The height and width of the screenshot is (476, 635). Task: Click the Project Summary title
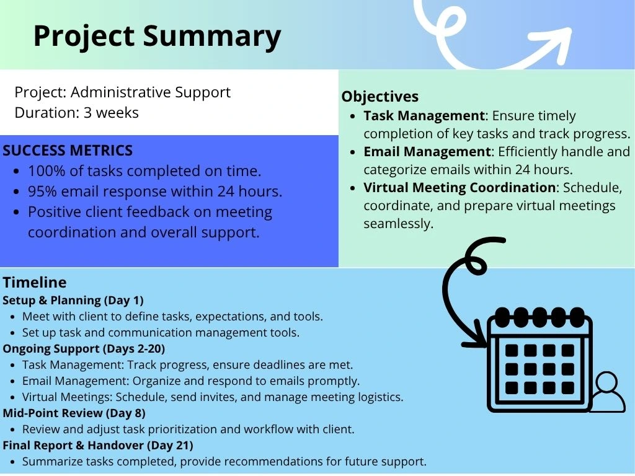pos(157,37)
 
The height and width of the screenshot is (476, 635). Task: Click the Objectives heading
pos(380,96)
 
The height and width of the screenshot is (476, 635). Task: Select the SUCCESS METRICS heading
pos(68,151)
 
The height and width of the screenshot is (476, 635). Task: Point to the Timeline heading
pos(35,282)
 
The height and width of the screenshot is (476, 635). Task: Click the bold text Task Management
pos(424,116)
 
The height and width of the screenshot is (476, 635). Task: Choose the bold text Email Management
pos(427,151)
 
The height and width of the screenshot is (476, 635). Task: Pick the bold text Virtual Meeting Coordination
pos(460,187)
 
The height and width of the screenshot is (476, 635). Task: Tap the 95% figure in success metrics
pos(42,191)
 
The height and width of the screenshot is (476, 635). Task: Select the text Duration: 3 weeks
pos(76,113)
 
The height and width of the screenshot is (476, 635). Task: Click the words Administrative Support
pos(151,92)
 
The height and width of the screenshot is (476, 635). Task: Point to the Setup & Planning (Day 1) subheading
pos(73,301)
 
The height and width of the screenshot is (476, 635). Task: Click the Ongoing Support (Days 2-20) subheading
pos(84,348)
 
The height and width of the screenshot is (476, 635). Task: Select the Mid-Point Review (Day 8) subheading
pos(74,413)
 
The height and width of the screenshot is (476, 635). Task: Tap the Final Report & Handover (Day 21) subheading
pos(98,445)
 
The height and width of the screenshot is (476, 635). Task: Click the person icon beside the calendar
pos(607,392)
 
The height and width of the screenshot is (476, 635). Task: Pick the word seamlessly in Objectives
pos(399,223)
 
